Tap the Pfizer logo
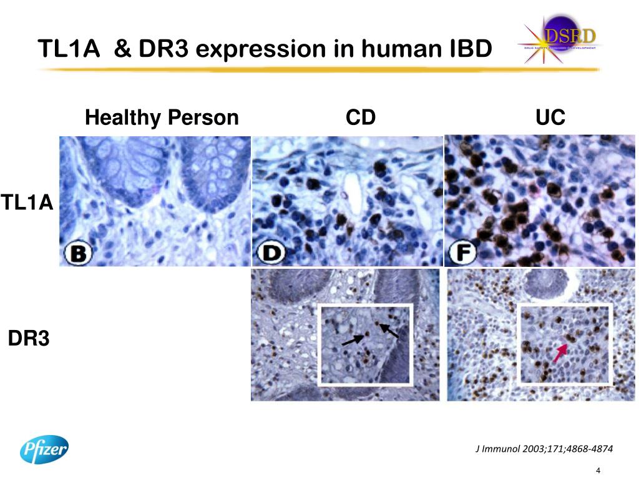point(44,449)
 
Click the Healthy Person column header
point(162,117)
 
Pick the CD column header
point(361,117)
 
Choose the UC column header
point(550,117)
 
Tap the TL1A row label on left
point(26,202)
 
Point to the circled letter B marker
point(80,252)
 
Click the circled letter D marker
point(271,252)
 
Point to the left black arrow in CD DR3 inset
point(353,339)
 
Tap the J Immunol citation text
point(544,449)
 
